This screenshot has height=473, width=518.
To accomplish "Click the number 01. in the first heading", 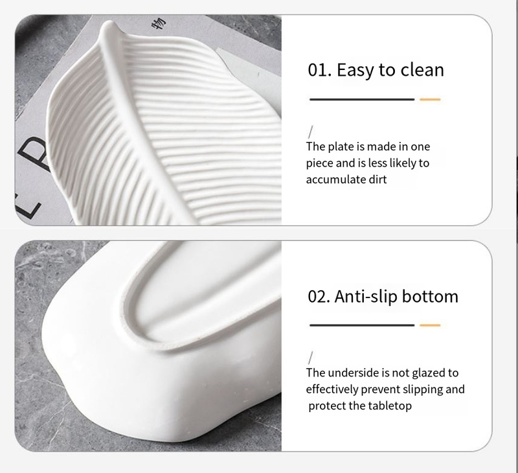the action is coord(319,70).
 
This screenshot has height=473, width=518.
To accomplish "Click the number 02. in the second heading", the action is coord(319,297).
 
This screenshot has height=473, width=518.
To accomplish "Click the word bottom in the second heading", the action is coord(430,296).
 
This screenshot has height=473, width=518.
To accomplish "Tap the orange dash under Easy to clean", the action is coord(430,99).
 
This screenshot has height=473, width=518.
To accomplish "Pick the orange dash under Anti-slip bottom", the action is coord(430,325).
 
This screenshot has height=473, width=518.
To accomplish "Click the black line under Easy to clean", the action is coord(362,99).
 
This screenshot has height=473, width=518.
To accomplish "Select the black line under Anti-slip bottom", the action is coord(362,325).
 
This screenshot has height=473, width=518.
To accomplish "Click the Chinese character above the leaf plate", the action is coord(159,23).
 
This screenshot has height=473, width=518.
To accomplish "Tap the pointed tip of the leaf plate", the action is coord(108,22).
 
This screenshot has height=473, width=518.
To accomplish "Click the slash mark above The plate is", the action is coord(311,132).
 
